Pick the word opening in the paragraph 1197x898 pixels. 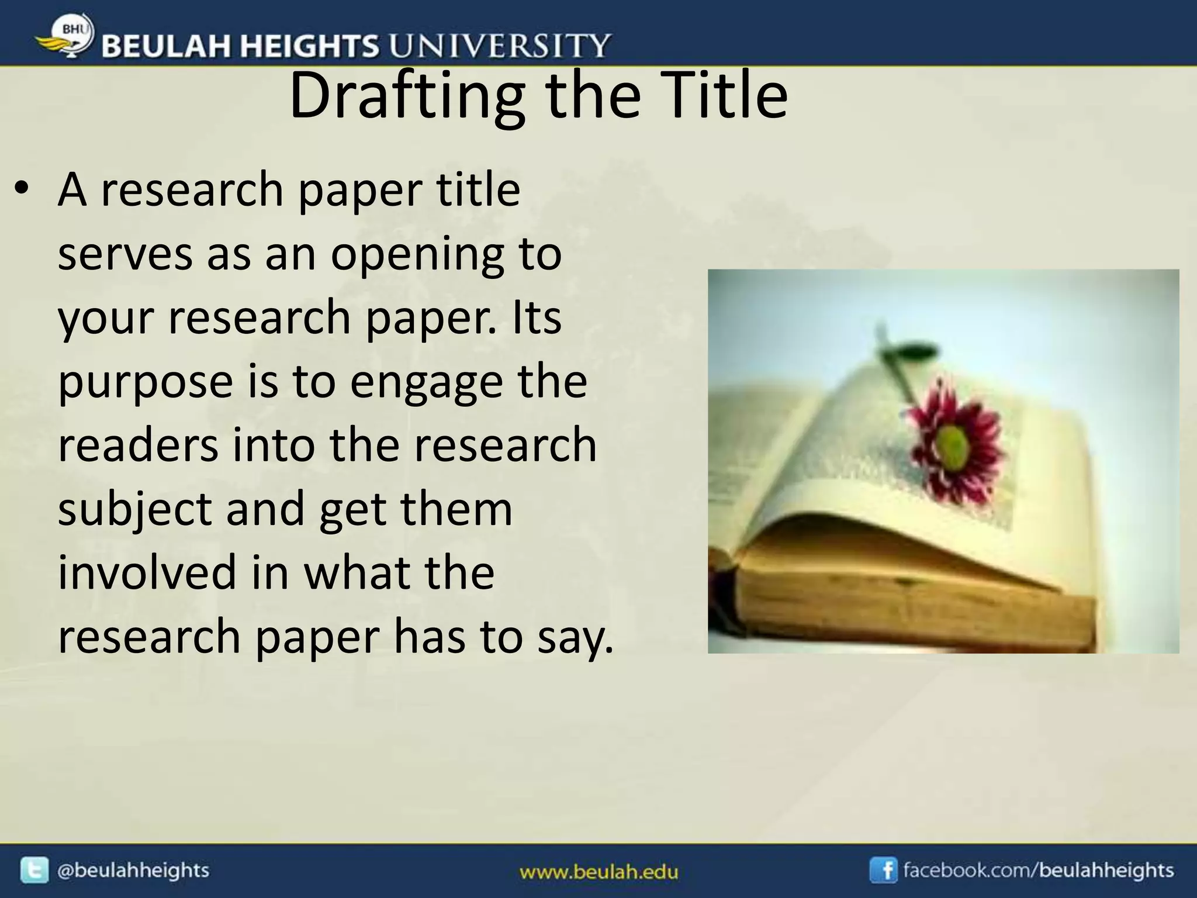(x=417, y=256)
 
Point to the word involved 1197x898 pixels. (x=146, y=572)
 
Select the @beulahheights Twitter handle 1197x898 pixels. (x=133, y=870)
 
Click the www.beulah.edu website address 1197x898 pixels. (x=598, y=873)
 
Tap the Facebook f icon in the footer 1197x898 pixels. (x=883, y=870)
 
